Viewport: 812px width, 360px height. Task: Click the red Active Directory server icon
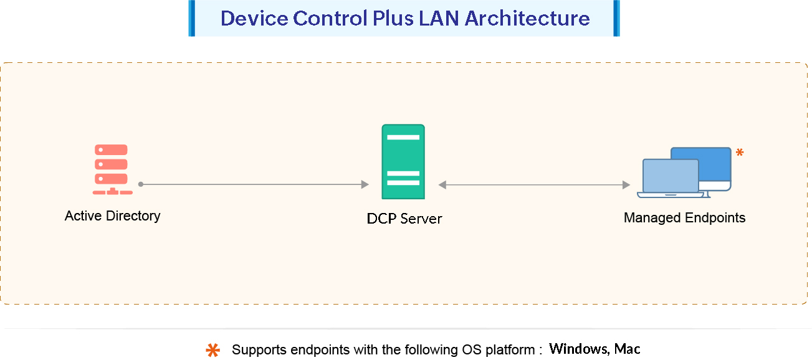pos(111,169)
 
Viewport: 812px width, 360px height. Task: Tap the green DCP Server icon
pos(403,161)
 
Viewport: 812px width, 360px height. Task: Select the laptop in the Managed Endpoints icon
pos(671,178)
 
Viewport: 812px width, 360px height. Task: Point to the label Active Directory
pos(112,216)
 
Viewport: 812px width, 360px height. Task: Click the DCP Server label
pos(404,219)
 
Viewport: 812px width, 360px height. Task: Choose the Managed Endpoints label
pos(684,218)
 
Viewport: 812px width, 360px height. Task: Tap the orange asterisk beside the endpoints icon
pos(740,151)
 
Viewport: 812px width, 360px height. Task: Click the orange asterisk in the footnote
pos(213,351)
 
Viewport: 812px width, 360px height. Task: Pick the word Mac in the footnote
pos(628,349)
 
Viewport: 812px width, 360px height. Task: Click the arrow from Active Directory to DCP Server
pos(256,184)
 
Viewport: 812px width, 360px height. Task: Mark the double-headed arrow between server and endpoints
pos(534,185)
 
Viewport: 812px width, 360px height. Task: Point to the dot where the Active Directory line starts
pos(141,184)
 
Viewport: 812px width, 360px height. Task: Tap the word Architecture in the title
pos(527,18)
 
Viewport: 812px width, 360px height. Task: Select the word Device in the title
pos(254,18)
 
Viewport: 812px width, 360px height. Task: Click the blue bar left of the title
pos(192,18)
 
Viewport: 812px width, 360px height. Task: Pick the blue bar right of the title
pos(616,18)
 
